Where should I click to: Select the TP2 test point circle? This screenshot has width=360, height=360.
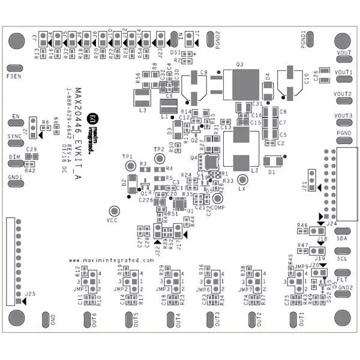159,158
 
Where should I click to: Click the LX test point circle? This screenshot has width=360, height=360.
242,179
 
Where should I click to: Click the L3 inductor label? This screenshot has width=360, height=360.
142,110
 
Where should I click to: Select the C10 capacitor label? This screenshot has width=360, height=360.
306,77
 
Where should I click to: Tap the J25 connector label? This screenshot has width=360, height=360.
31,293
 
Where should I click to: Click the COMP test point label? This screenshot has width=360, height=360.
217,206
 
